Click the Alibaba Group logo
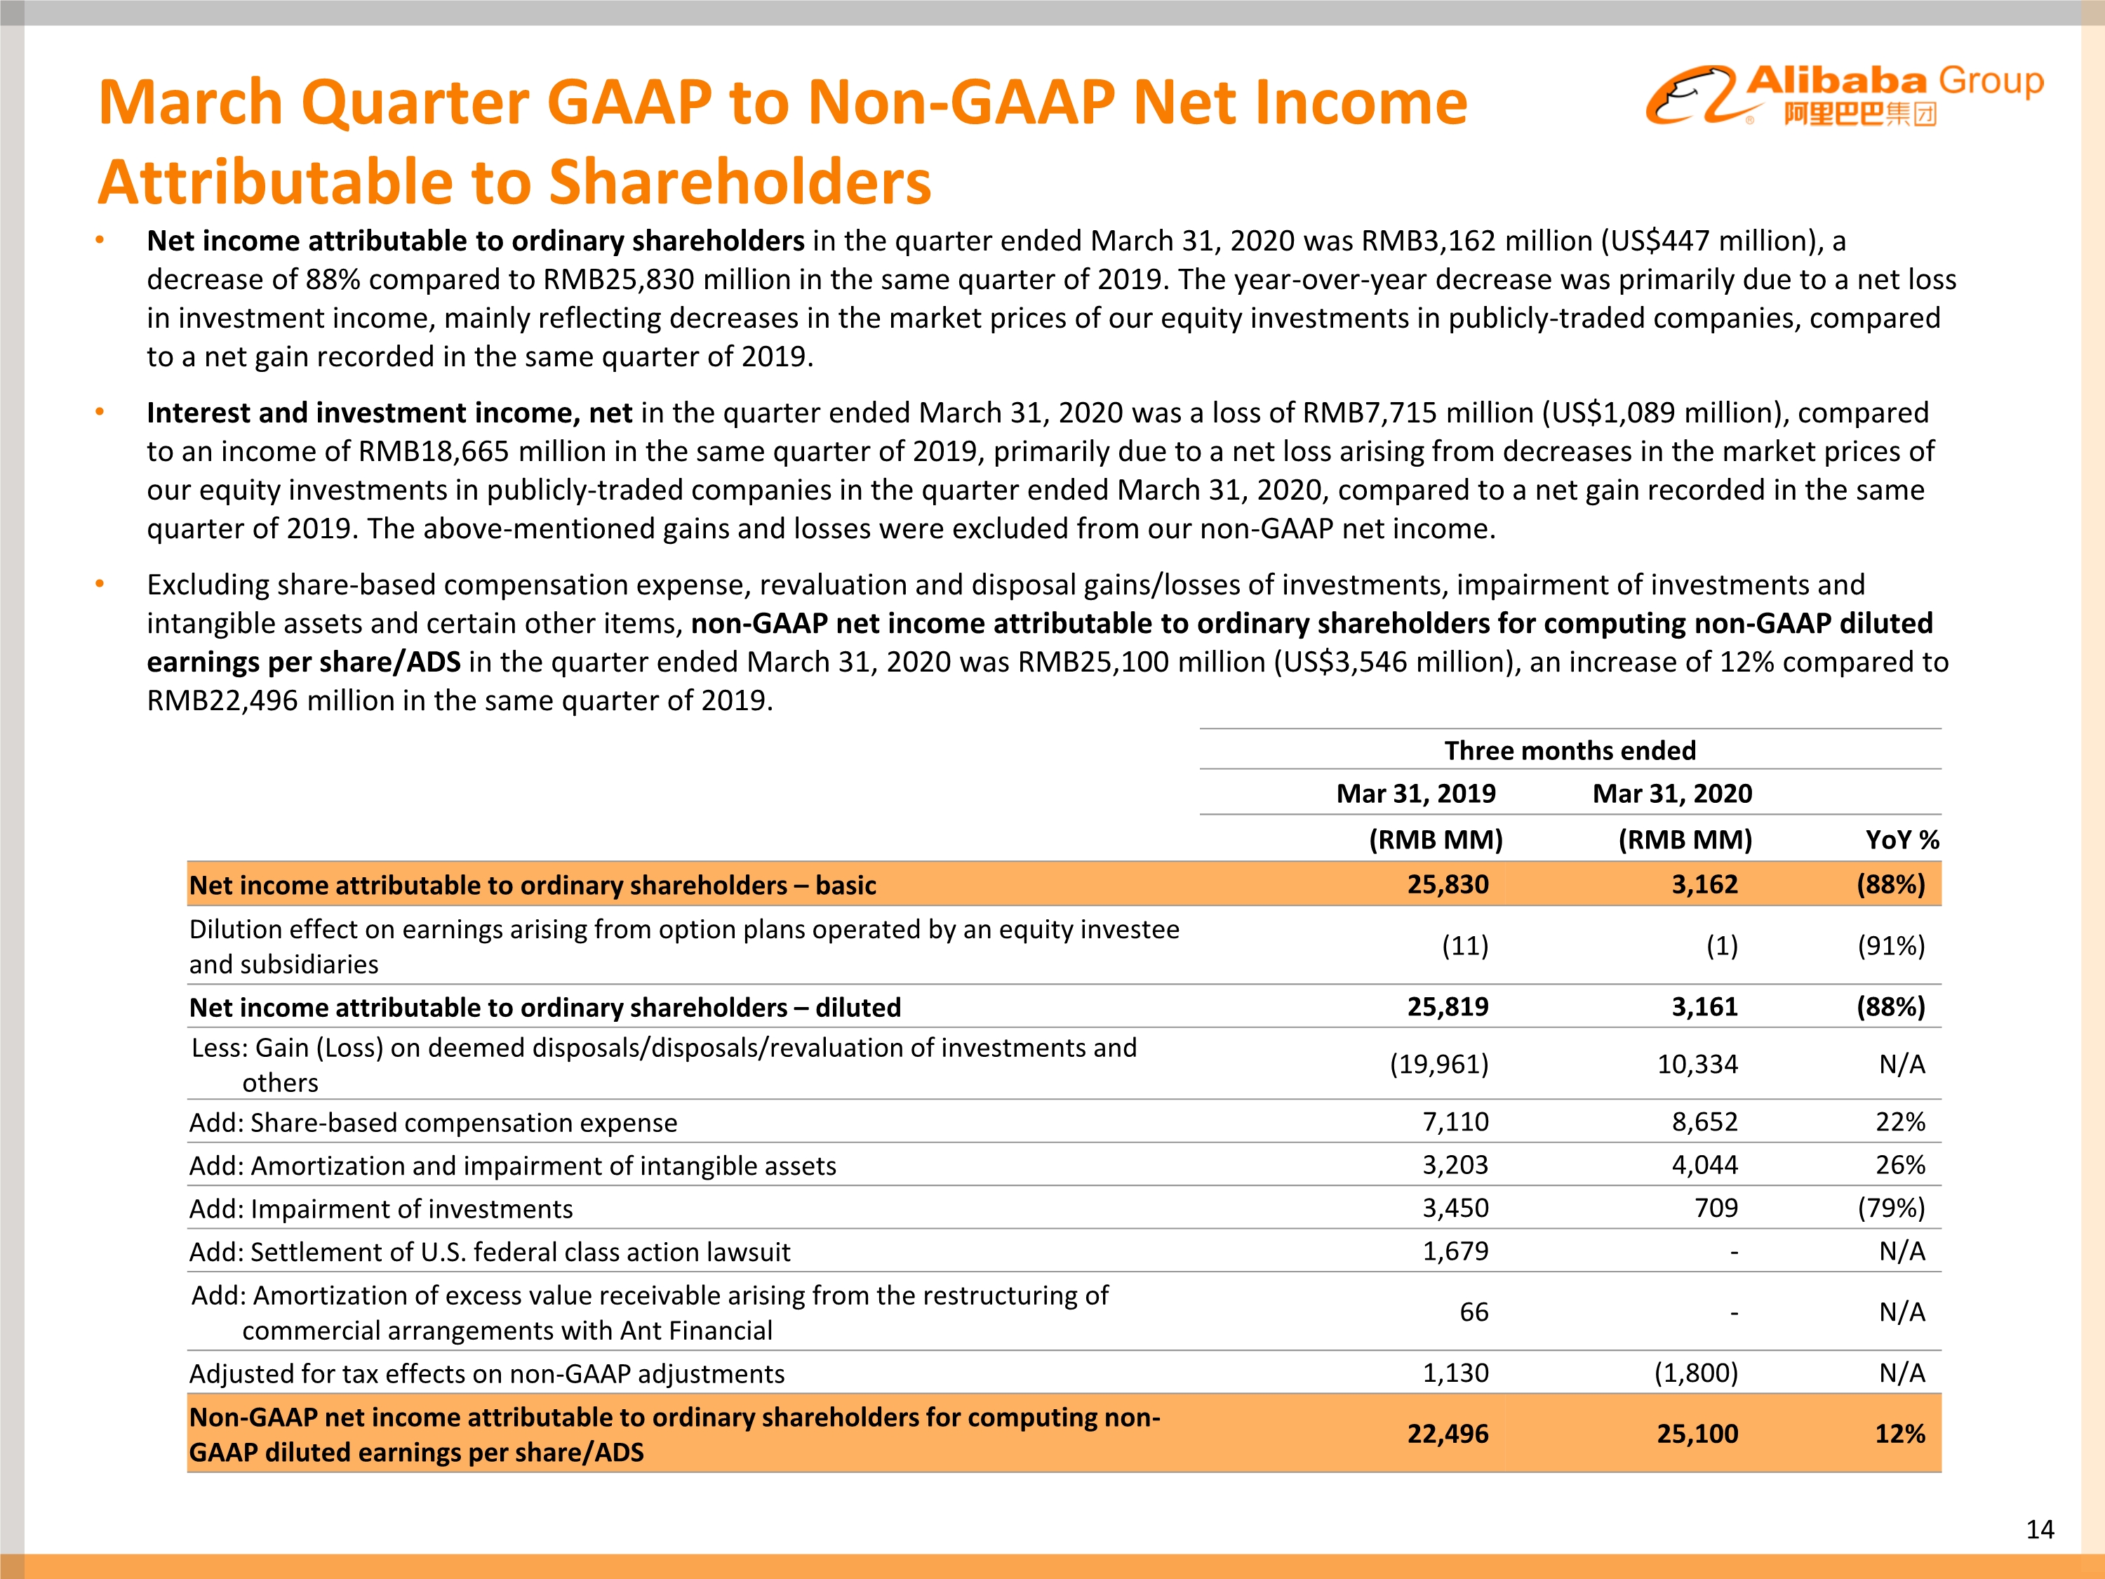[1843, 95]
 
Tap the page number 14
[2039, 1529]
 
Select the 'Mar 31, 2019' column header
[1415, 794]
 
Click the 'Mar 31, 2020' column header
[1672, 794]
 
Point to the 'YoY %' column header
[1902, 839]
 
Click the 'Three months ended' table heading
[1569, 751]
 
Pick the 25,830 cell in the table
[1448, 884]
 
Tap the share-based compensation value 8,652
[1704, 1122]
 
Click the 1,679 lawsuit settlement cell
[1455, 1251]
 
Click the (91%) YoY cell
[1891, 946]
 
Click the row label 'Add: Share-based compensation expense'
[433, 1123]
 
